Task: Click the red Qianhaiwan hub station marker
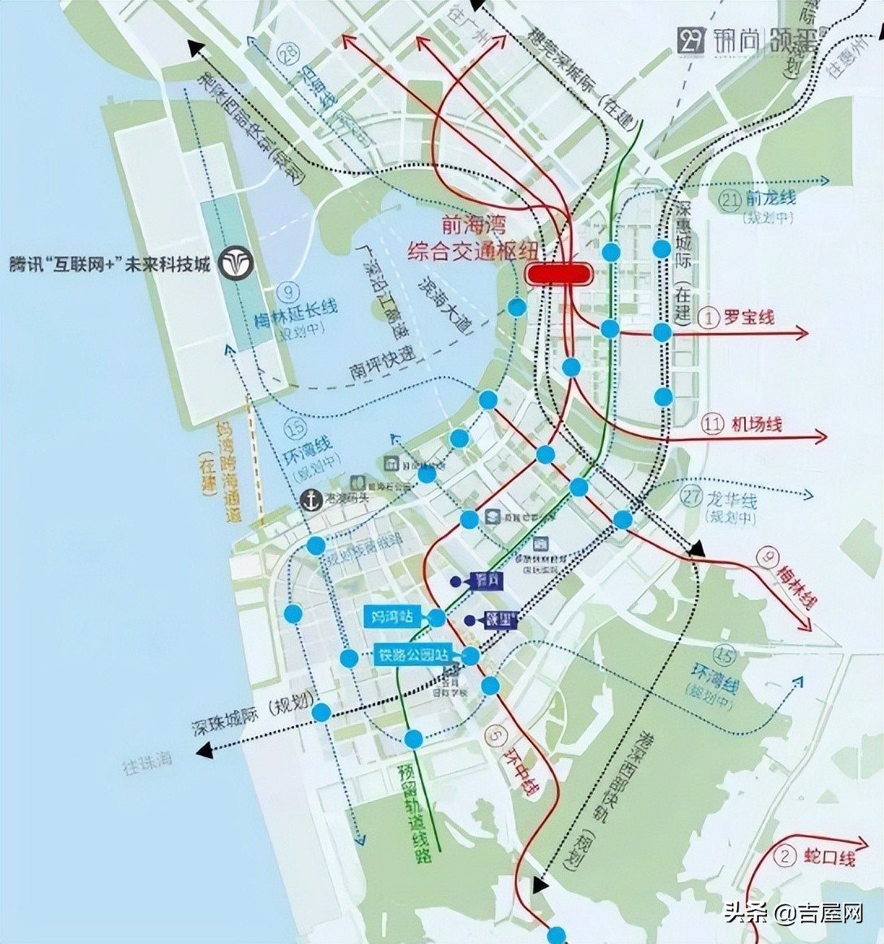(x=558, y=273)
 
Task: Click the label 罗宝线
(x=748, y=317)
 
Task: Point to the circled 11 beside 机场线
(x=713, y=423)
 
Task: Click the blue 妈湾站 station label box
(x=392, y=617)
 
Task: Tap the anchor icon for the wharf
(x=310, y=500)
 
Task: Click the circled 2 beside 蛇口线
(x=784, y=856)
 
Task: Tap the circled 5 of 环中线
(x=495, y=736)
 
